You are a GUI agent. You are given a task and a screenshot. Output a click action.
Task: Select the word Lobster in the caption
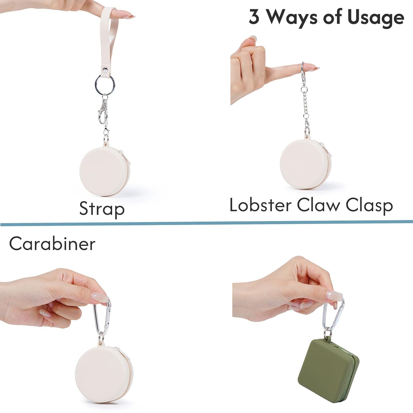pyautogui.click(x=260, y=205)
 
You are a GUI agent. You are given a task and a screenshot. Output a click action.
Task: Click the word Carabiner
pyautogui.click(x=52, y=244)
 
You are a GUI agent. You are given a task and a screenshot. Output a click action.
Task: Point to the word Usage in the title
pyautogui.click(x=376, y=17)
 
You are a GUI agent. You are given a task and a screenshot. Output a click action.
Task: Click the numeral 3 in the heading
pyautogui.click(x=254, y=16)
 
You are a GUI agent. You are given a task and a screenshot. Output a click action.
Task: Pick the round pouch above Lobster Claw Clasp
pyautogui.click(x=306, y=164)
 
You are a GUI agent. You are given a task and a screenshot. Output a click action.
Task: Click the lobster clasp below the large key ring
pyautogui.click(x=102, y=112)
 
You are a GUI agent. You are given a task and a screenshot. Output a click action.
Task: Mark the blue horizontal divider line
pyautogui.click(x=206, y=223)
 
